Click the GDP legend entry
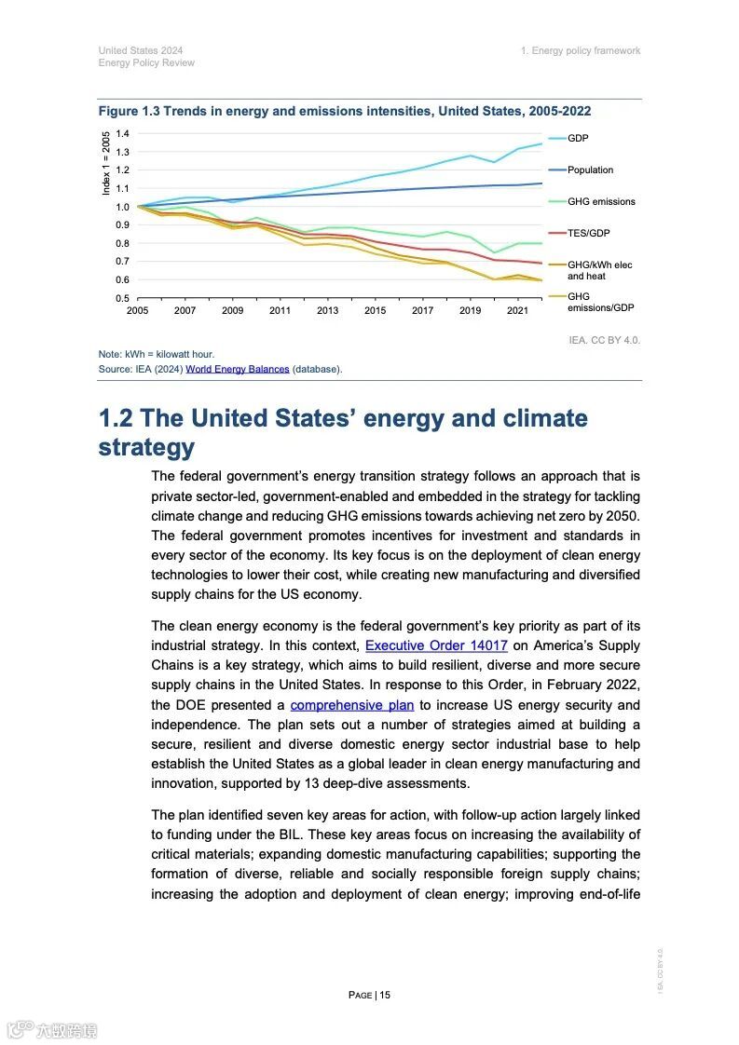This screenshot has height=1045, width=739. (x=578, y=139)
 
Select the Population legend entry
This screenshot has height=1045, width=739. (x=590, y=170)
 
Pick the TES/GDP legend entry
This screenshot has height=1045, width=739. (x=589, y=234)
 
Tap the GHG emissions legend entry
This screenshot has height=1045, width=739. (x=601, y=202)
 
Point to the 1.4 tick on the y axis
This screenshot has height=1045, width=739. (x=122, y=134)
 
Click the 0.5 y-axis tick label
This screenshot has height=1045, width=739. (x=122, y=298)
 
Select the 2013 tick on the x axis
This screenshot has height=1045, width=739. (x=327, y=311)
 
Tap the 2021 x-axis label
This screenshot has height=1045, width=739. (x=517, y=311)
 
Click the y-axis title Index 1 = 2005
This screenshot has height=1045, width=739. (x=106, y=163)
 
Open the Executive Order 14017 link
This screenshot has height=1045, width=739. (x=436, y=645)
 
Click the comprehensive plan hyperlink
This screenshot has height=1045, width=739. (x=351, y=705)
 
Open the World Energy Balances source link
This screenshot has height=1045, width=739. (x=237, y=370)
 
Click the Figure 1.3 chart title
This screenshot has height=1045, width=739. (x=345, y=111)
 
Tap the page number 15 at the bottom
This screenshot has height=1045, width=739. (x=384, y=995)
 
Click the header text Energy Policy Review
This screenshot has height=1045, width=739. (x=146, y=63)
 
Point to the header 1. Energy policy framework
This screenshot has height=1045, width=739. (x=581, y=50)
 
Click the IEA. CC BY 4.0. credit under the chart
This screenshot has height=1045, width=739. (x=604, y=340)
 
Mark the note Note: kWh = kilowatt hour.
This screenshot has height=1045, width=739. (x=156, y=355)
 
